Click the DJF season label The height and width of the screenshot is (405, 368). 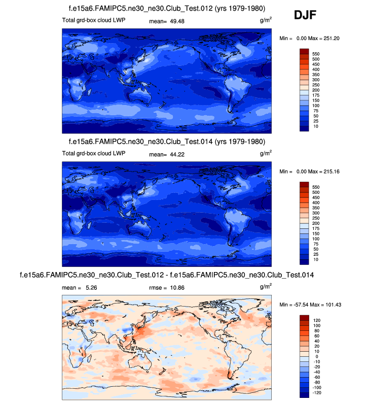click(x=305, y=16)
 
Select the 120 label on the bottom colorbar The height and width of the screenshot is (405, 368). click(x=316, y=321)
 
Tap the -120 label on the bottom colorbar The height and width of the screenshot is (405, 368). click(x=317, y=393)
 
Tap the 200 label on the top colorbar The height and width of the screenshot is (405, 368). click(x=316, y=90)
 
